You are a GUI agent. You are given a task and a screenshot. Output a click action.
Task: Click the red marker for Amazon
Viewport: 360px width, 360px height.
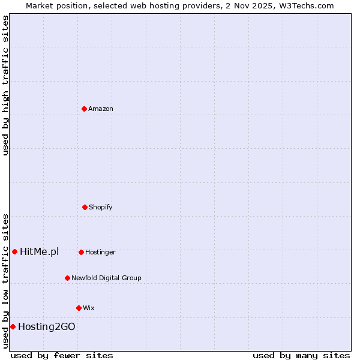(x=84, y=109)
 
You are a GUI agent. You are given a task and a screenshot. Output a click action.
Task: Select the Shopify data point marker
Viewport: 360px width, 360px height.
(x=85, y=207)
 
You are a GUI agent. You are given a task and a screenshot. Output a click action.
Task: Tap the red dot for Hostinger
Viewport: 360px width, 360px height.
(x=81, y=252)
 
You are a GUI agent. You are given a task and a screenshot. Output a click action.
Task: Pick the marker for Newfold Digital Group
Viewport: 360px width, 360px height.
(x=67, y=278)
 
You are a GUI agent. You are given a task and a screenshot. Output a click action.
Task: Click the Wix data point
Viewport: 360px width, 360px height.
(x=79, y=308)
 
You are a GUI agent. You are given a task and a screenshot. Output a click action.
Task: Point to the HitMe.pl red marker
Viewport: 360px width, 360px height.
(x=14, y=251)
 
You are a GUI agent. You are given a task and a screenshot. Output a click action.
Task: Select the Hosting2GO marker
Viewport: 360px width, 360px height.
(x=13, y=326)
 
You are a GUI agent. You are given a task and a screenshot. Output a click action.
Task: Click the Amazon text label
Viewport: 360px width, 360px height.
(x=101, y=109)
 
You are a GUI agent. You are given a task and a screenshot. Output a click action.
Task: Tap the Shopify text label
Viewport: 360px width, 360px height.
(x=101, y=207)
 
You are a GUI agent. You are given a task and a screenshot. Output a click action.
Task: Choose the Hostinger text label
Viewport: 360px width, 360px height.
(x=100, y=252)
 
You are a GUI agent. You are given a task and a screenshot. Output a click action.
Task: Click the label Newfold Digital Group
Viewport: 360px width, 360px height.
(x=106, y=278)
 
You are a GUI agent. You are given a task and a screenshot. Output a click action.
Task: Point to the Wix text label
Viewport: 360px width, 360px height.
(x=89, y=308)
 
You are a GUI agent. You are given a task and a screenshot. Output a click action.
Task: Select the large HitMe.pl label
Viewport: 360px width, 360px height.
(x=39, y=251)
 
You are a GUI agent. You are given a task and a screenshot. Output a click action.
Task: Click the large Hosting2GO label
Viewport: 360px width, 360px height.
(x=47, y=326)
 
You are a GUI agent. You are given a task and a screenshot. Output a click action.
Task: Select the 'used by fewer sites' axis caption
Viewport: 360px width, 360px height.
(x=62, y=355)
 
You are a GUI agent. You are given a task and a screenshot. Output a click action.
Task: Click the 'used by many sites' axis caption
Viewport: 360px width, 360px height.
(x=301, y=355)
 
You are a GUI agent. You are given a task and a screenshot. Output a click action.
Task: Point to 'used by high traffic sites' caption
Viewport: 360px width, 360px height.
(x=5, y=85)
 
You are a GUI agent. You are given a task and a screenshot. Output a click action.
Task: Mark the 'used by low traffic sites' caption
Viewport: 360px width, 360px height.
(x=5, y=280)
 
